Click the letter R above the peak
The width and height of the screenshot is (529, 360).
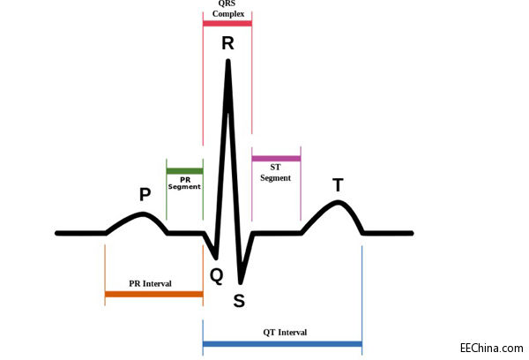click(x=227, y=42)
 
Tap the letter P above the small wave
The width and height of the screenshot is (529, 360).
click(x=145, y=194)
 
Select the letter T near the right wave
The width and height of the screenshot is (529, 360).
click(x=338, y=184)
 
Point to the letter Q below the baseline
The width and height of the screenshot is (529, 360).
click(x=216, y=275)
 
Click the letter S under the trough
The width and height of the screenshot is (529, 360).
click(x=239, y=301)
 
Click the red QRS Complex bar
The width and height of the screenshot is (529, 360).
click(x=227, y=23)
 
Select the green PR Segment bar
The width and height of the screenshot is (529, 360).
click(x=184, y=170)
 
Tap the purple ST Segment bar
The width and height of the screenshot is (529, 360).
click(x=276, y=159)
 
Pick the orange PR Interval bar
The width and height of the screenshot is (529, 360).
click(x=153, y=293)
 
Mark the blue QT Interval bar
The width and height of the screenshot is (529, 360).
click(x=282, y=343)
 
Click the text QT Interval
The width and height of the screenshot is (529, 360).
click(x=285, y=332)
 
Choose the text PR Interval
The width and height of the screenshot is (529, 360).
click(x=150, y=283)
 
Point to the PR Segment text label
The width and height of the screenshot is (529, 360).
click(x=184, y=183)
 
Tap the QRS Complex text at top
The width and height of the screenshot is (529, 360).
click(x=227, y=8)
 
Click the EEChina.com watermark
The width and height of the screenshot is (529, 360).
click(x=491, y=349)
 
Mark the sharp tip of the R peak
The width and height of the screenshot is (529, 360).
click(x=228, y=61)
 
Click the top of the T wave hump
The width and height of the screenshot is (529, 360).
click(x=337, y=203)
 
